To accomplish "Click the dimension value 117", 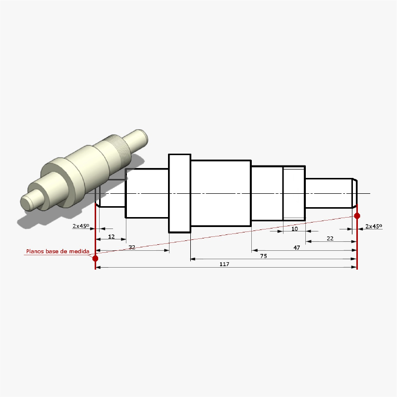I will pos(224,265).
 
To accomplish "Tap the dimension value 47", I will pos(296,247).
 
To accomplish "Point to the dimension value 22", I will pos(330,238).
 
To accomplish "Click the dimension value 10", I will pos(294,229).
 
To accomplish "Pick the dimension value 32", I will pos(132,247).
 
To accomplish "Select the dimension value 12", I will pos(112,236).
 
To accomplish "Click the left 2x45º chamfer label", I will pos(81,226).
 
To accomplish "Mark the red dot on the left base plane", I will pos(95,258).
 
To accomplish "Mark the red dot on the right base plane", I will pos(357,216).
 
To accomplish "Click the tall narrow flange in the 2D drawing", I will pos(179,193).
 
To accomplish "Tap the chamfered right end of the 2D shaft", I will pos(354,192).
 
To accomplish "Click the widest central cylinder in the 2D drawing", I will pos(221,193).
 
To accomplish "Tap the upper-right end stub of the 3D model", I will pos(140,138).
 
